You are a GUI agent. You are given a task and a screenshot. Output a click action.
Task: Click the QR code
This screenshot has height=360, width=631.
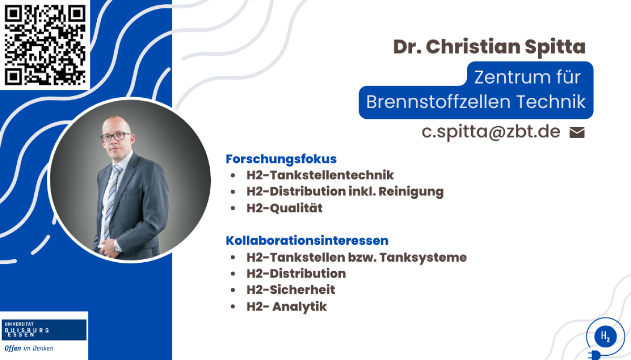click(45, 45)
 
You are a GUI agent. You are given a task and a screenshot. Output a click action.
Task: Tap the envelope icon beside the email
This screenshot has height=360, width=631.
click(577, 132)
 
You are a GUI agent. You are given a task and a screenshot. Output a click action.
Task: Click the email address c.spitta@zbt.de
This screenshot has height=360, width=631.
click(491, 132)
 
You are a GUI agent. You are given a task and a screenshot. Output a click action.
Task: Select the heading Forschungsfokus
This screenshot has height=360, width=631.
click(281, 159)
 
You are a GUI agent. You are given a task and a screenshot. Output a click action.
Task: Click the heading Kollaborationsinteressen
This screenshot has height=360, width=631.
click(307, 240)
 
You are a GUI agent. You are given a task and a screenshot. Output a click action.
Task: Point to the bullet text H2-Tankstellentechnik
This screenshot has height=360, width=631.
click(320, 175)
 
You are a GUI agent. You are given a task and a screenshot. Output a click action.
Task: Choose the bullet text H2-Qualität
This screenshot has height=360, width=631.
click(284, 208)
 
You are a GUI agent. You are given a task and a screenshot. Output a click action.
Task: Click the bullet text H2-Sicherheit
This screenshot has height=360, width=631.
click(291, 290)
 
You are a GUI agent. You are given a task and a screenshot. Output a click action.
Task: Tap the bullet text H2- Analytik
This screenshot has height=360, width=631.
click(287, 306)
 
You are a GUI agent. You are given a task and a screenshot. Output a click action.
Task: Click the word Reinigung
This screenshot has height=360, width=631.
click(411, 192)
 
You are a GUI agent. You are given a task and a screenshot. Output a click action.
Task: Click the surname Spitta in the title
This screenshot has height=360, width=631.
click(555, 47)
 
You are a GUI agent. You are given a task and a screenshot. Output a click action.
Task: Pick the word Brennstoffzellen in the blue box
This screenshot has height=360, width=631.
click(438, 101)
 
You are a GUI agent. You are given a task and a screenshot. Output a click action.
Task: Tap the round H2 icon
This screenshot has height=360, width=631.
click(605, 336)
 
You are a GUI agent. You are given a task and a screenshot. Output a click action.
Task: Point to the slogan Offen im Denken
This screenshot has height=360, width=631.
click(29, 348)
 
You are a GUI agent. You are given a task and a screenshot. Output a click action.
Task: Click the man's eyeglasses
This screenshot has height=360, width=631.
click(116, 137)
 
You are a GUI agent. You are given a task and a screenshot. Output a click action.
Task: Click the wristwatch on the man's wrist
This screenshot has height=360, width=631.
click(116, 246)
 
